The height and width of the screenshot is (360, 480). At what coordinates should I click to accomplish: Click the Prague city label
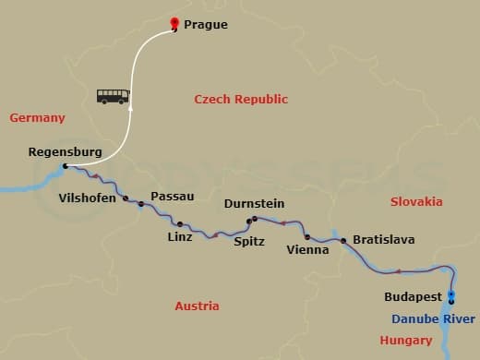click(206, 25)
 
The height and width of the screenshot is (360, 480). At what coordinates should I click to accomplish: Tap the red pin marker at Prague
click(175, 24)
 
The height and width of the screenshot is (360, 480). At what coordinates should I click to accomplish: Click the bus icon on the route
click(113, 96)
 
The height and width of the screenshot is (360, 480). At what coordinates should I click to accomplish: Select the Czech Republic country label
click(240, 100)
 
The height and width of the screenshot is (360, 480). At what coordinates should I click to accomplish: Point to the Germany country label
click(37, 118)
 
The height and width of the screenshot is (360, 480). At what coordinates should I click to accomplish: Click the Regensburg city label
click(65, 151)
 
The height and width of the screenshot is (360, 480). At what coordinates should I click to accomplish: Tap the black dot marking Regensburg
click(65, 167)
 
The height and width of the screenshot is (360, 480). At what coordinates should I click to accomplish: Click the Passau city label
click(172, 197)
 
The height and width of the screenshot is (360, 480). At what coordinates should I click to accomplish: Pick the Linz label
click(180, 237)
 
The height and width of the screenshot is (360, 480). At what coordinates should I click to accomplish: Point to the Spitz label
click(248, 241)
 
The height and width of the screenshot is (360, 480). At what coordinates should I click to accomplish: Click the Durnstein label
click(254, 203)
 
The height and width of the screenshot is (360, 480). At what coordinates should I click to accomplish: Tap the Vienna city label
click(307, 249)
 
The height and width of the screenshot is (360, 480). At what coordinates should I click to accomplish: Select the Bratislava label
click(383, 240)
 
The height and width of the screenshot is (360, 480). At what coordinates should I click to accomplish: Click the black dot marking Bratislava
click(343, 241)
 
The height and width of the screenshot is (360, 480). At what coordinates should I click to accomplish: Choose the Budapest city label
click(412, 297)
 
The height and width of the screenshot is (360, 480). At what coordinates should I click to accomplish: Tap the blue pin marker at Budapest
click(451, 297)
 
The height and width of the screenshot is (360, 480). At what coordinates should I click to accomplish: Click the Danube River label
click(433, 318)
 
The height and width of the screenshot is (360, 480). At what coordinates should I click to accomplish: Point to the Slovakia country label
click(415, 201)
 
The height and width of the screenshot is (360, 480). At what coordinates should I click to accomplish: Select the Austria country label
click(197, 306)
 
